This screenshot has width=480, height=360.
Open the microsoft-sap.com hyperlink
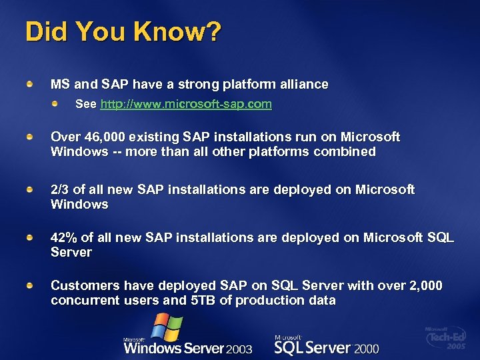186,105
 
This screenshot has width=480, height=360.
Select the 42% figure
65,238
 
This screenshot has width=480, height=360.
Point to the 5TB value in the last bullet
203,300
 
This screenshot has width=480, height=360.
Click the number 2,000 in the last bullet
421,286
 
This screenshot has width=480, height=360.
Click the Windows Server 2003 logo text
188,347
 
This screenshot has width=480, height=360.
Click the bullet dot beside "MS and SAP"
30,84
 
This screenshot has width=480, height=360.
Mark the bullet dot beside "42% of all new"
30,237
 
